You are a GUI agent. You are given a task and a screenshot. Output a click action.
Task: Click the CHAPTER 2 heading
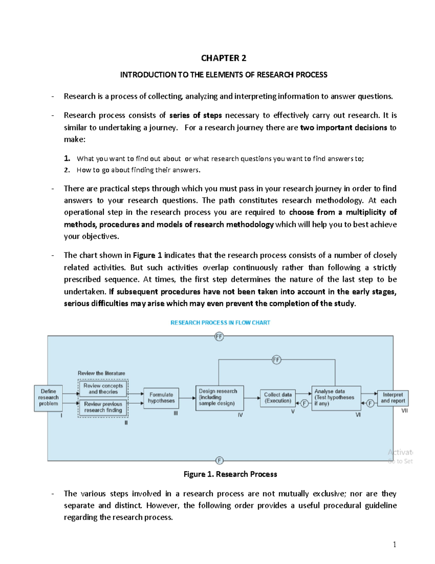pos(223,58)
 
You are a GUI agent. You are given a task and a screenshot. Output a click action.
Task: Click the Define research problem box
pos(48,398)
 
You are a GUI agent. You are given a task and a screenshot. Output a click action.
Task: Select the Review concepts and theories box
pos(103,389)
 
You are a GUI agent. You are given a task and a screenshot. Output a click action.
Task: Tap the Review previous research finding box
pos(103,407)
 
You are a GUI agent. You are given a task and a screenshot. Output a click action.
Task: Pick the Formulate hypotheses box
pos(161,398)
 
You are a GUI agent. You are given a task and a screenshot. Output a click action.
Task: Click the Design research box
pos(219,398)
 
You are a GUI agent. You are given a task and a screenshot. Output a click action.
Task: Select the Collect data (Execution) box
pos(278,398)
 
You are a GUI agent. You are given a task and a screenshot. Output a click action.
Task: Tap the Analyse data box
pos(336,398)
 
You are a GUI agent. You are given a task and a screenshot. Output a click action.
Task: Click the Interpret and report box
pos(393,398)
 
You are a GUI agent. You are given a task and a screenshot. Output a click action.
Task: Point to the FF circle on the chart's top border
pos(219,337)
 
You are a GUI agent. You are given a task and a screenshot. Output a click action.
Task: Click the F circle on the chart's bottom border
pos(219,460)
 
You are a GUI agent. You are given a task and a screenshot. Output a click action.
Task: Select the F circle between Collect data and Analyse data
pos(304,403)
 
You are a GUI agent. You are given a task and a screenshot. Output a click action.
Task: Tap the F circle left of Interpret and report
pos(370,403)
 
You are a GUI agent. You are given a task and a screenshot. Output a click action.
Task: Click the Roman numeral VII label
pos(405,411)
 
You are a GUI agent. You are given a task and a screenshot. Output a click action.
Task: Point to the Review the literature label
pos(101,373)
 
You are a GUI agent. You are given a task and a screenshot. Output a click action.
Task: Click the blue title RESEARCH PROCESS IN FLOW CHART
pos(220,322)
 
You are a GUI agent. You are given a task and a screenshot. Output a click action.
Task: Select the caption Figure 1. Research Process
pos(230,474)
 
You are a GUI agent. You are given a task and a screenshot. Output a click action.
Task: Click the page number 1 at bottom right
pos(394,544)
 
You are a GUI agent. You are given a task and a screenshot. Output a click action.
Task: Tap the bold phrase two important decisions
pos(344,127)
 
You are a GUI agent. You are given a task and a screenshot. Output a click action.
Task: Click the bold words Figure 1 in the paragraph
pos(147,255)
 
